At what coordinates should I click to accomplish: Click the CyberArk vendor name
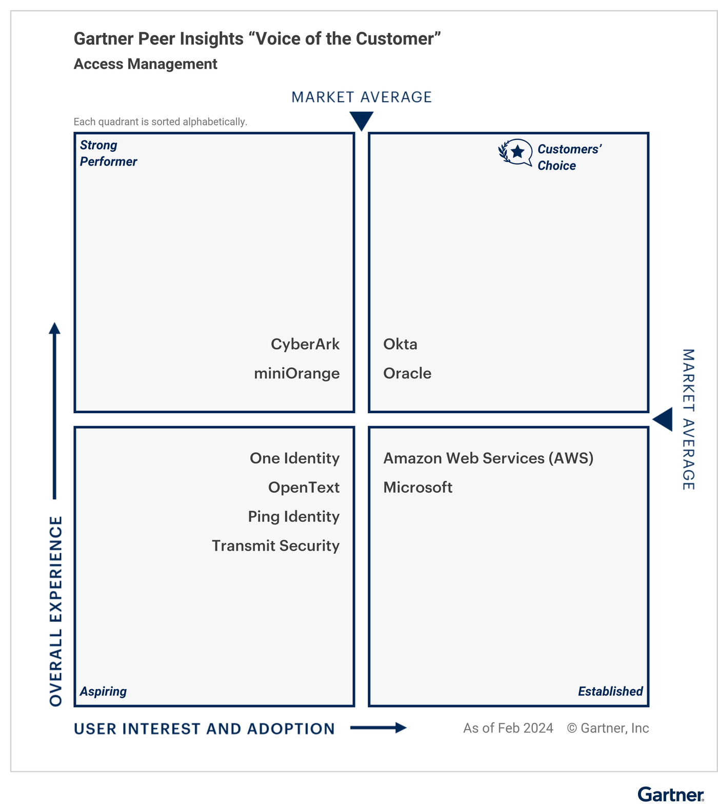[305, 344]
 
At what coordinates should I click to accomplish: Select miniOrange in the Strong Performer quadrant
[296, 373]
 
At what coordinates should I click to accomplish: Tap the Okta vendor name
[400, 344]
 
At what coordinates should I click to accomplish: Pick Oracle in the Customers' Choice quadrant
[407, 373]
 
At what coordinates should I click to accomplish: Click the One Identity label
[294, 458]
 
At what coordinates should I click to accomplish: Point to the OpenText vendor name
[304, 488]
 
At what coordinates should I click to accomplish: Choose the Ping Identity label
[293, 517]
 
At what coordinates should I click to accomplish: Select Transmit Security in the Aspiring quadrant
[275, 546]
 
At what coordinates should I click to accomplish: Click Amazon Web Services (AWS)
[488, 458]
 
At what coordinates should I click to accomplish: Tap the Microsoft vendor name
[417, 488]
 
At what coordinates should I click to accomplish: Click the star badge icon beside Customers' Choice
[516, 152]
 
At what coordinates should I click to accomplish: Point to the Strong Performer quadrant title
[108, 153]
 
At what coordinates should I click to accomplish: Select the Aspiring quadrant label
[103, 692]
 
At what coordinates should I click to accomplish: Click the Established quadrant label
[610, 692]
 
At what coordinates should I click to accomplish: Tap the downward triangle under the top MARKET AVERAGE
[362, 121]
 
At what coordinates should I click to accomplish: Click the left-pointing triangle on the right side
[664, 419]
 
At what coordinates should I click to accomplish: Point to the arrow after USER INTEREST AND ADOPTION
[378, 727]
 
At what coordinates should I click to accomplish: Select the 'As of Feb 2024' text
[508, 728]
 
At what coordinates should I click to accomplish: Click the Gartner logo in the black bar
[670, 795]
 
